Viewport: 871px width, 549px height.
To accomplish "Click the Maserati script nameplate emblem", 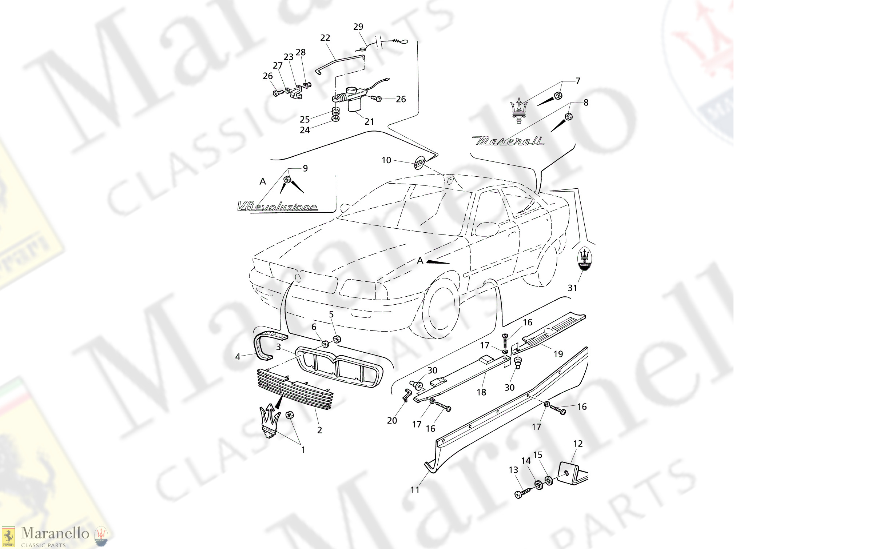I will (x=509, y=141).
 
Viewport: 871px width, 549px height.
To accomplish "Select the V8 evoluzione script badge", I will (x=277, y=207).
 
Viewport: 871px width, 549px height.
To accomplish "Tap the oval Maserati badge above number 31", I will (x=584, y=259).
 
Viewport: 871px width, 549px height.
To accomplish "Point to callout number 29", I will (x=358, y=27).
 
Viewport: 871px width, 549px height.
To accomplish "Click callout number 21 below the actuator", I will (x=369, y=121).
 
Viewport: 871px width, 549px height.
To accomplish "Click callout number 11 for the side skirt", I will (x=415, y=490).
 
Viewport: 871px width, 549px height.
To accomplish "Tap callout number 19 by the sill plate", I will (x=558, y=354).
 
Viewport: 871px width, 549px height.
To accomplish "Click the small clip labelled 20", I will (x=407, y=394).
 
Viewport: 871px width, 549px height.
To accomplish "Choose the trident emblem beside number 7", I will (x=519, y=110).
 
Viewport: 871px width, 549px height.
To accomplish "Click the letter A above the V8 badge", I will (x=263, y=181).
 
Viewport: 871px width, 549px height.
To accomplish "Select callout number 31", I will (x=572, y=288).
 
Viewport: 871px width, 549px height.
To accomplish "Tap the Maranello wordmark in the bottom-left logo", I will (x=55, y=533).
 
